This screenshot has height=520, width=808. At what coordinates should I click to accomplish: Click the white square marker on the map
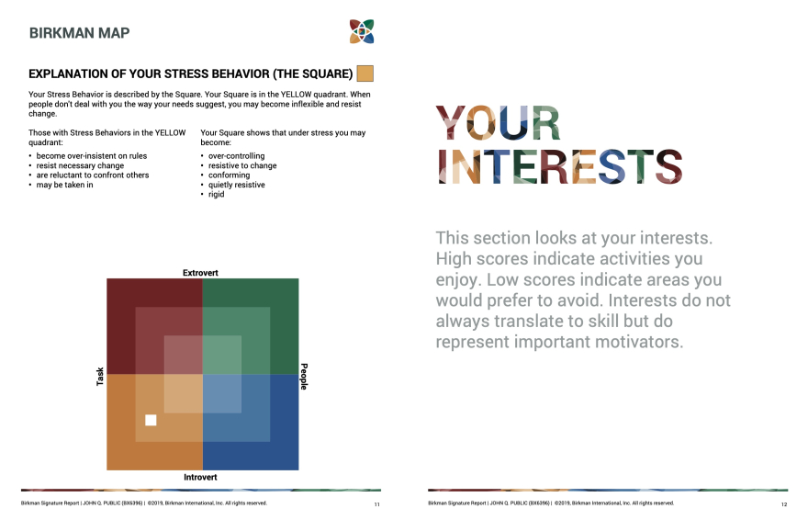pos(151,420)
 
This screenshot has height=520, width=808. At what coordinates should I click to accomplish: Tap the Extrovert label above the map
pos(200,273)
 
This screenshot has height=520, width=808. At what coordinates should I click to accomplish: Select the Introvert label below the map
pos(200,477)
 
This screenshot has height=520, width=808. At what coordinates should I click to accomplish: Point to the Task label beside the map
pos(100,376)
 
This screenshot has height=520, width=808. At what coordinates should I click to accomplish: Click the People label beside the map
pos(304,376)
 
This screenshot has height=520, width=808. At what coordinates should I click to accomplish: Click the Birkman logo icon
pos(362,31)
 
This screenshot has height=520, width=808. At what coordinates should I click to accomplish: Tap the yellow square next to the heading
pos(365,73)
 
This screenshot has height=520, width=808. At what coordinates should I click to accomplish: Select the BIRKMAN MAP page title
pos(79,33)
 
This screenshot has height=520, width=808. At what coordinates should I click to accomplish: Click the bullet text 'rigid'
pos(217,194)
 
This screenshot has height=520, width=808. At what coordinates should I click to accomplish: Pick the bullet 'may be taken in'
pos(64,185)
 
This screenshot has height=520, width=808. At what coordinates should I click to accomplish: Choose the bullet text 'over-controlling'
pos(237,155)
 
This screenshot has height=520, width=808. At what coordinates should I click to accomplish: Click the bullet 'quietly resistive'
pos(237,185)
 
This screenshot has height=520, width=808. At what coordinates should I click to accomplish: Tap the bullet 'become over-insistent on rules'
pos(91,155)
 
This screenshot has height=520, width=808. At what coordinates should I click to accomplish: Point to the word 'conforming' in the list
pos(229,175)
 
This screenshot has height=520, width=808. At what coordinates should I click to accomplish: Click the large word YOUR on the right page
pos(498,123)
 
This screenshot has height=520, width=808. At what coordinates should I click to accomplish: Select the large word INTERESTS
pos(559,166)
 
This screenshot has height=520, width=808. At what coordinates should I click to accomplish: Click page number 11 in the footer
pos(377,504)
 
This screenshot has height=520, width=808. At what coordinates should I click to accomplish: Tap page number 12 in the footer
pos(784,504)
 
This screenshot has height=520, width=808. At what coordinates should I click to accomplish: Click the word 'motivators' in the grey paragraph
pos(639,342)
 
